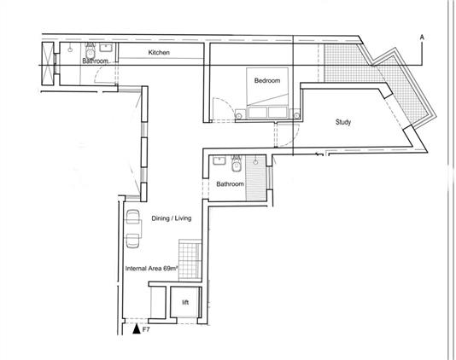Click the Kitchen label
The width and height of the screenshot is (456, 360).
[x=159, y=53]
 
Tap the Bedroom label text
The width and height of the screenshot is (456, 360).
[x=267, y=80]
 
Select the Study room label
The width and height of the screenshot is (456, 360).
[x=343, y=122]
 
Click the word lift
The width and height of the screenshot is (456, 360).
[x=185, y=303]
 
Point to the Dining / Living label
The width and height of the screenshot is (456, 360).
[x=172, y=218]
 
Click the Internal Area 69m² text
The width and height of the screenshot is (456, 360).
[x=151, y=269]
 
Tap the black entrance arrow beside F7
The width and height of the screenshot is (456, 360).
[x=137, y=329]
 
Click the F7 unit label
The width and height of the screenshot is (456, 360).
[x=146, y=329]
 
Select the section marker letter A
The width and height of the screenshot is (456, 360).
[x=422, y=38]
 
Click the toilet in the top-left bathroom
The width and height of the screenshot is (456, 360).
[x=91, y=51]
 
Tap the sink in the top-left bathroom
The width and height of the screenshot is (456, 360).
[x=106, y=48]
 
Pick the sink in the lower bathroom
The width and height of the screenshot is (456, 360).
[x=219, y=160]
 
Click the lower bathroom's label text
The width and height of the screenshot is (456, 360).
[x=230, y=184]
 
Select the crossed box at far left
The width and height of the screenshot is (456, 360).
[x=48, y=63]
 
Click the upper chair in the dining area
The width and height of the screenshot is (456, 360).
[x=133, y=217]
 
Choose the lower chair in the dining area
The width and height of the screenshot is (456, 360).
[x=133, y=241]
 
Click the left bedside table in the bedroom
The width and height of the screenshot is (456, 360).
[x=239, y=114]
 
